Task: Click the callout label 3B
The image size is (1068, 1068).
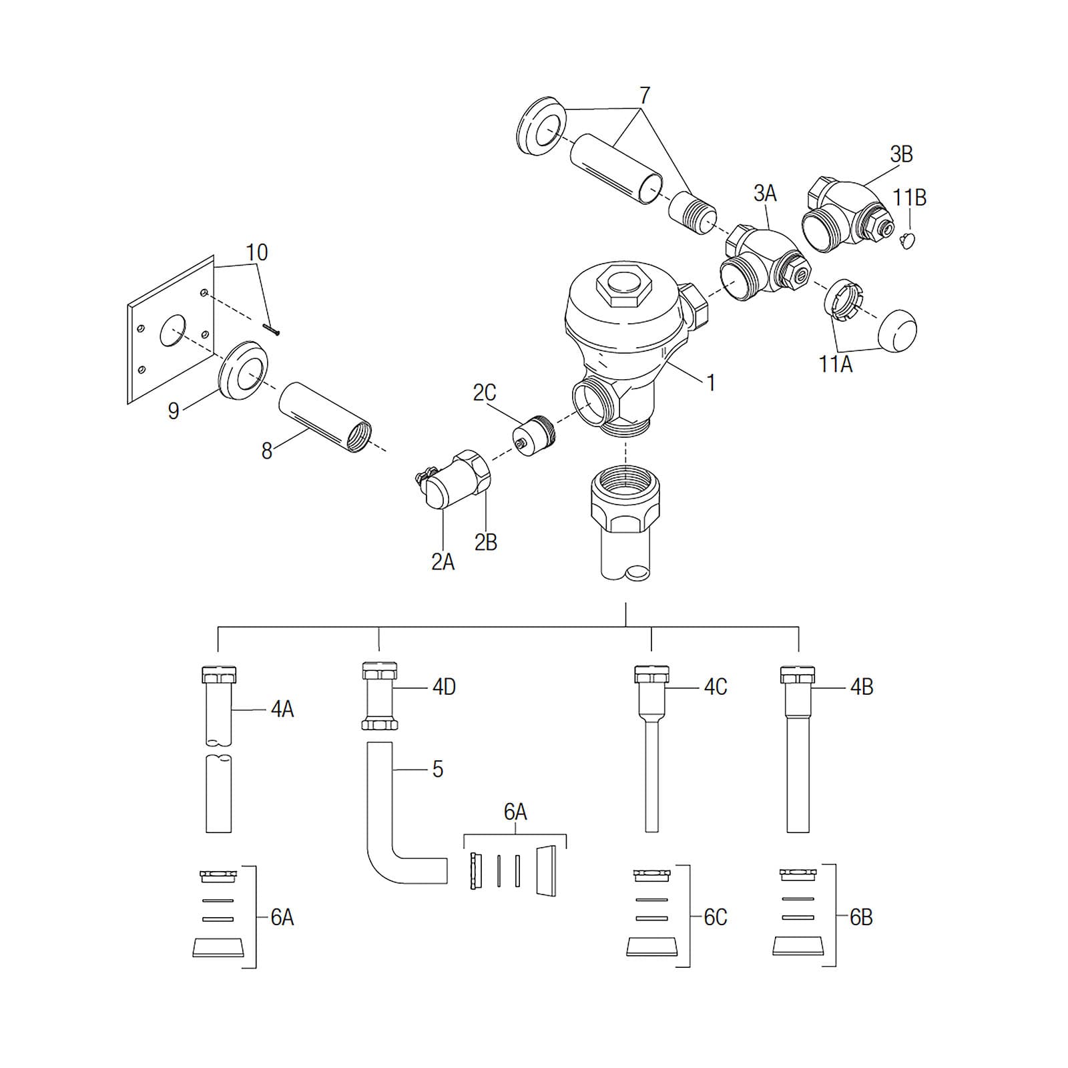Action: tap(901, 154)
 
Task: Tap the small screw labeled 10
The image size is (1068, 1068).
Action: tap(272, 328)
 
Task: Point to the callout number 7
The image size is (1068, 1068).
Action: tap(644, 95)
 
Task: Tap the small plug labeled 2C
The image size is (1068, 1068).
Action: tap(533, 435)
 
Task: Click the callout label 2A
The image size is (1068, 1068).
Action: tap(443, 562)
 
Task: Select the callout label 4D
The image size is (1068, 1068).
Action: tap(444, 687)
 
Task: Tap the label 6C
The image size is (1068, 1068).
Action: tap(716, 917)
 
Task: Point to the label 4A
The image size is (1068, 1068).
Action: tap(282, 709)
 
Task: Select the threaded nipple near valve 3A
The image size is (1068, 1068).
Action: tap(692, 213)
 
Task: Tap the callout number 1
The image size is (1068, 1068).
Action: tap(711, 382)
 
